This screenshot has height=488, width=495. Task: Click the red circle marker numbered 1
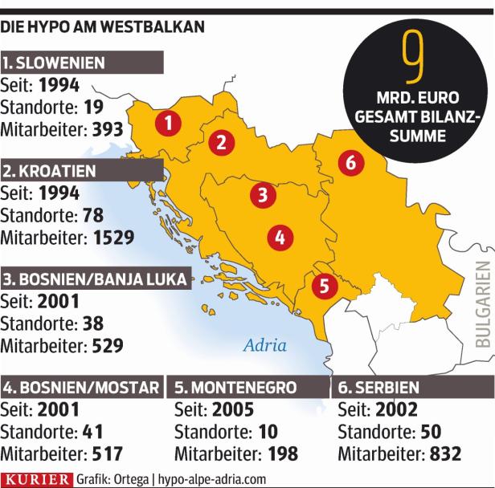[167, 122]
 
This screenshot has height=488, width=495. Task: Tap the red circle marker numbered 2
[219, 143]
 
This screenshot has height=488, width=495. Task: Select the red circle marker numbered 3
[262, 193]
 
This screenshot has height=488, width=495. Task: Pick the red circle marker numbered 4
[279, 237]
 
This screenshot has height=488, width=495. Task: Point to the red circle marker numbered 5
[323, 284]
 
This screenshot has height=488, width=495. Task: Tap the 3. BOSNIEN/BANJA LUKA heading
[95, 279]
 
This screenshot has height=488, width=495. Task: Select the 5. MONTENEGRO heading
[235, 388]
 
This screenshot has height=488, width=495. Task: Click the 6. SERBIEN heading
[378, 388]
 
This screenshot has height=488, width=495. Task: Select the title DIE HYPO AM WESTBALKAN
[102, 27]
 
